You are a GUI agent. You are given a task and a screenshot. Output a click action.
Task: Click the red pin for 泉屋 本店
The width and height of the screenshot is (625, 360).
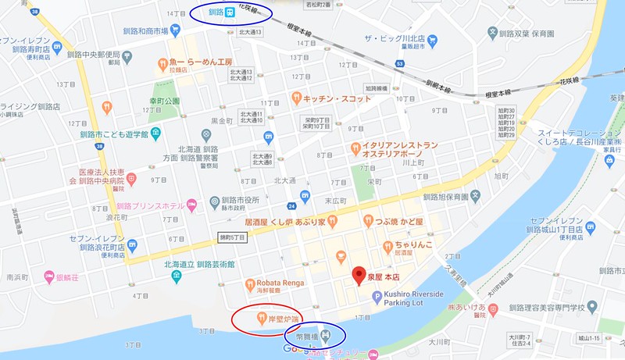click(359, 274)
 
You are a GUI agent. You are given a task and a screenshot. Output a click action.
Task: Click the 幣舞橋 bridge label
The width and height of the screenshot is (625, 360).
click(305, 337)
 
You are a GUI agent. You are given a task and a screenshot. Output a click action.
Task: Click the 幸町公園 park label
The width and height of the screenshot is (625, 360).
click(165, 101)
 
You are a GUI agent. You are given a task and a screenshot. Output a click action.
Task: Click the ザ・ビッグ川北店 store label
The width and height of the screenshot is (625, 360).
click(398, 39)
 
